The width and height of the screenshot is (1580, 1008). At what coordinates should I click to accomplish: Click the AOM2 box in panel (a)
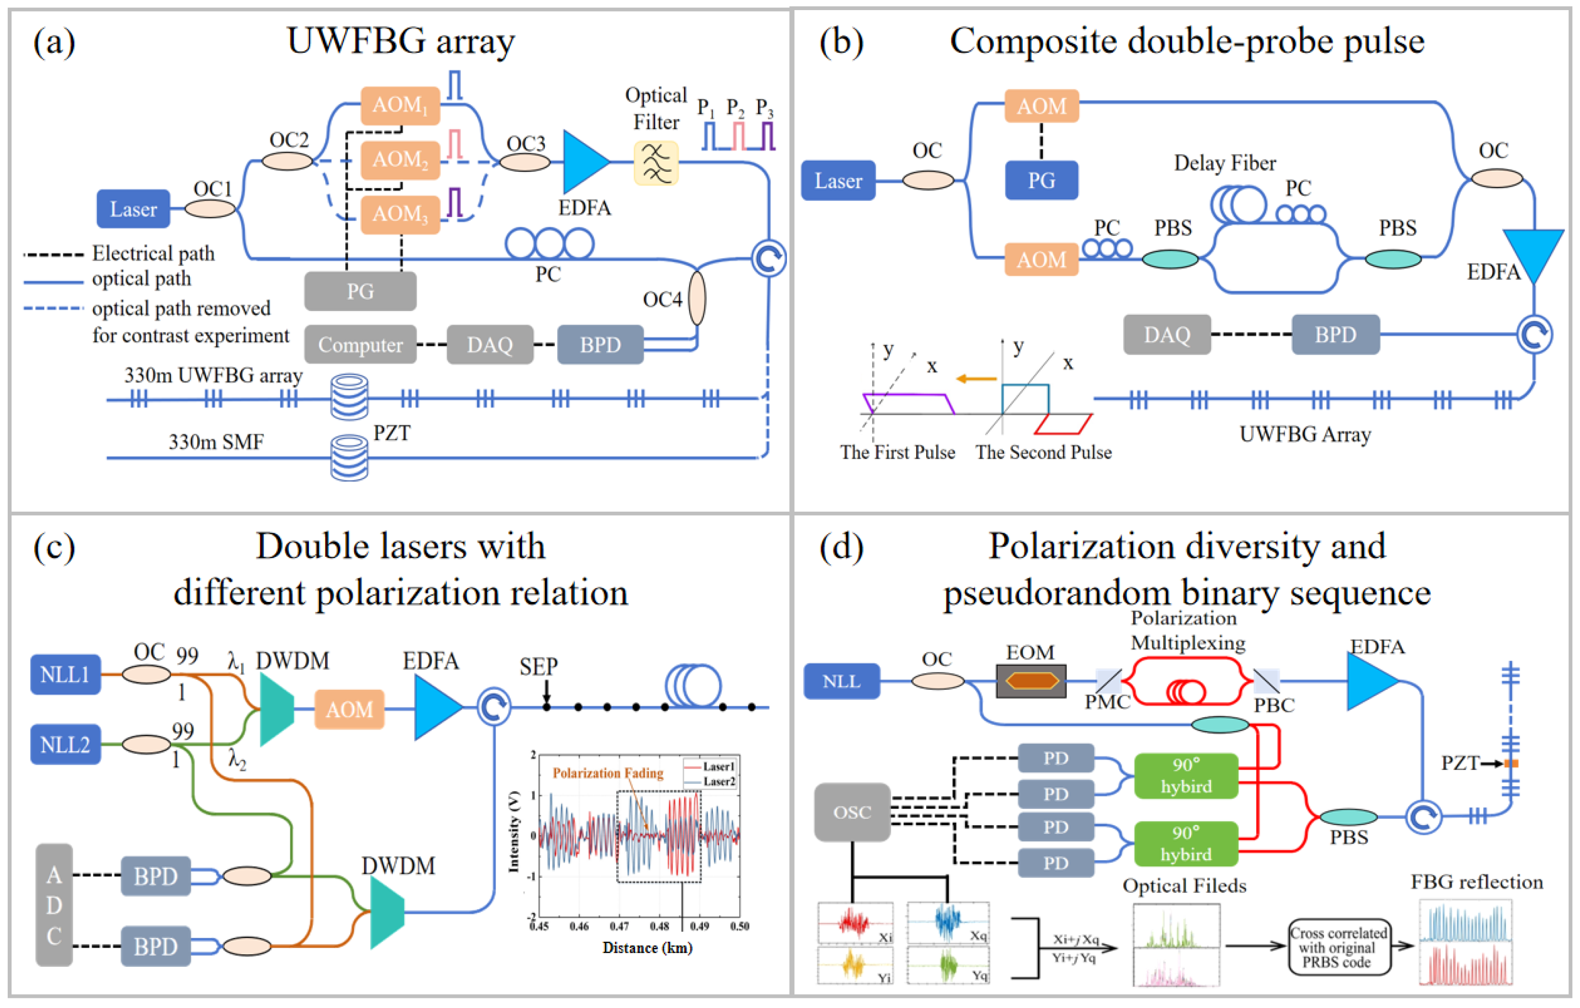tap(400, 160)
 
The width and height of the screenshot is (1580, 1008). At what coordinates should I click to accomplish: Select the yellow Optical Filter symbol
tap(655, 163)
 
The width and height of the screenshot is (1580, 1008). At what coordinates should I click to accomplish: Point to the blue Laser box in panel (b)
tap(838, 180)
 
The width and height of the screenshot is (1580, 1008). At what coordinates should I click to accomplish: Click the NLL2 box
tap(65, 744)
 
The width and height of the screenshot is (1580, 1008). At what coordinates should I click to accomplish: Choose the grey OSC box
tap(852, 812)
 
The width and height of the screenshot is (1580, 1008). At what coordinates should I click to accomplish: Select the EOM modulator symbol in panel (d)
tap(1031, 681)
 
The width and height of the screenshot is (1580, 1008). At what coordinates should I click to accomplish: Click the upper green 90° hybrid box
tap(1186, 776)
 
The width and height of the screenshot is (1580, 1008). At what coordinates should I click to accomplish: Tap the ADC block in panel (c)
tap(54, 905)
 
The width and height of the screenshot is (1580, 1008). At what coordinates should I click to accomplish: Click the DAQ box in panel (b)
tap(1167, 335)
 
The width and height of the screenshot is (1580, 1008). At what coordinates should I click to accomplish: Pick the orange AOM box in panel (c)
tap(349, 709)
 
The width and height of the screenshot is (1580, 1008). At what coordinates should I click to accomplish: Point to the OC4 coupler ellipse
tap(697, 299)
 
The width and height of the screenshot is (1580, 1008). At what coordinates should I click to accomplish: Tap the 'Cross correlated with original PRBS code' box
tap(1338, 947)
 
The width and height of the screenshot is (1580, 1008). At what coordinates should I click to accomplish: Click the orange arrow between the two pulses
tap(976, 378)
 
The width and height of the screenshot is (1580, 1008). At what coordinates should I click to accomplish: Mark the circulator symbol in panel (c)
tap(493, 707)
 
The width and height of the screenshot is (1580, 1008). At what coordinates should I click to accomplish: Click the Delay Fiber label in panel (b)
tap(1225, 163)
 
